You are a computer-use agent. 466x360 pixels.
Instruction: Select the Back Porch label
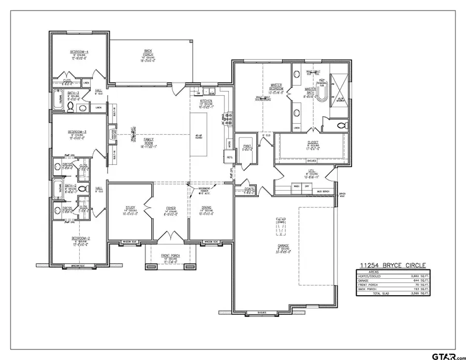pyautogui.click(x=148, y=51)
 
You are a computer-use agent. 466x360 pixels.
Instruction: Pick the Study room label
pyautogui.click(x=130, y=208)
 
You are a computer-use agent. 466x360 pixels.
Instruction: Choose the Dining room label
pyautogui.click(x=206, y=208)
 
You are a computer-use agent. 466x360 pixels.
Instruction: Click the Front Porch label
pyautogui.click(x=171, y=255)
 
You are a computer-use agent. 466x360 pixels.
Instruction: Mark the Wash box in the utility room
pyautogui.click(x=297, y=186)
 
